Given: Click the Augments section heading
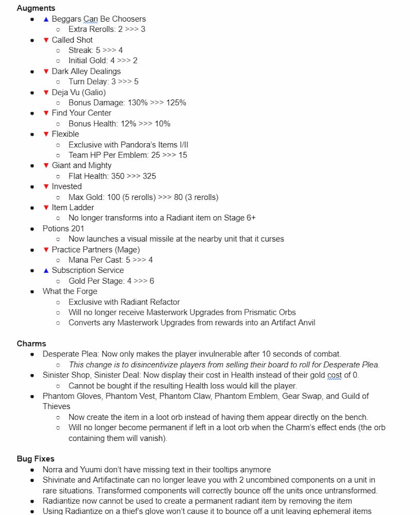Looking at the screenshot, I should [x=36, y=8].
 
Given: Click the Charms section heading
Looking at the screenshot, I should [x=31, y=344].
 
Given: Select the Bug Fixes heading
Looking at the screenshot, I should [x=36, y=458].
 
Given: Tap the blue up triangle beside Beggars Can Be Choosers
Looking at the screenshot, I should [x=46, y=19].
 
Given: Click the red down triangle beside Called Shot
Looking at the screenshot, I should [x=46, y=40].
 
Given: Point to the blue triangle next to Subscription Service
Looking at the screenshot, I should [x=46, y=270].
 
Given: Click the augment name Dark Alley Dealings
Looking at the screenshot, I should [x=86, y=71].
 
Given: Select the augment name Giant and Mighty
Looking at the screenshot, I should [x=81, y=165].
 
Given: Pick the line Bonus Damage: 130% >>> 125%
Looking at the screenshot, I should [x=127, y=102].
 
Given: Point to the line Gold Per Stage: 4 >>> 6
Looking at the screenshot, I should [x=111, y=281].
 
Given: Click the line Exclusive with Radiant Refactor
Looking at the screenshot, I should [x=124, y=302].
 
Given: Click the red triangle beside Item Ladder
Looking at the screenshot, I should [x=46, y=208].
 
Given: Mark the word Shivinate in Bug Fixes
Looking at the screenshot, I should [x=60, y=480].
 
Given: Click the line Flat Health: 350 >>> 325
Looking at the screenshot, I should [x=112, y=176].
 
